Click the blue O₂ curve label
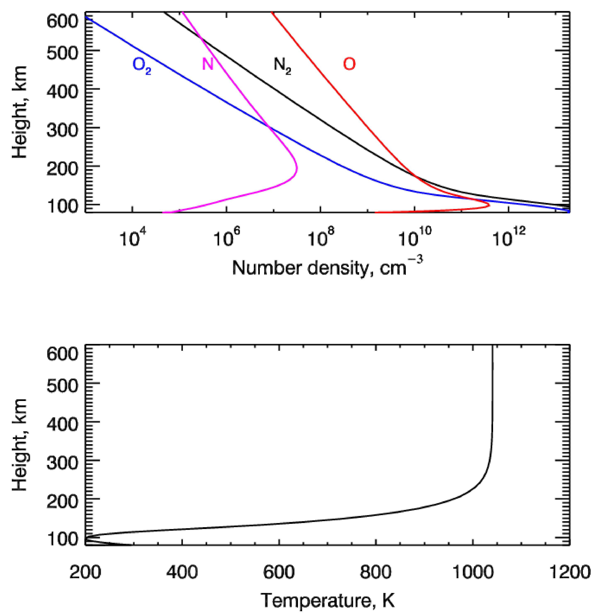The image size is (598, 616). (142, 65)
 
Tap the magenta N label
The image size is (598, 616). (208, 64)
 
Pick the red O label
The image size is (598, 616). (349, 64)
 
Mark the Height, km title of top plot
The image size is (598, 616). (19, 112)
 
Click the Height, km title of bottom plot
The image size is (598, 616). (19, 445)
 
